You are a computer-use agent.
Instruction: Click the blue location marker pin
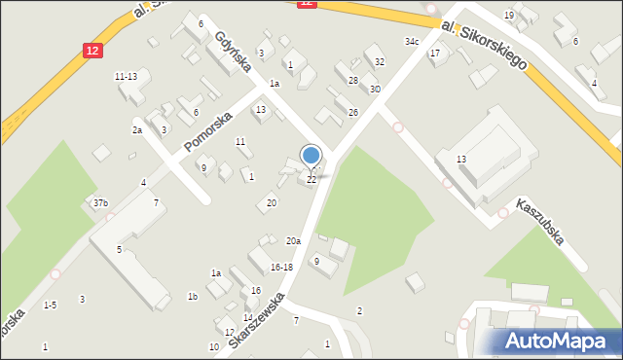click(x=311, y=156)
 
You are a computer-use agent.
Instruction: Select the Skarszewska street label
click(x=257, y=317)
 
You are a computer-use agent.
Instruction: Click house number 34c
click(x=412, y=42)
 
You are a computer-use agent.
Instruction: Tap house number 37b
click(x=100, y=203)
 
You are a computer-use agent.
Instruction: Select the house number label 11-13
click(x=126, y=77)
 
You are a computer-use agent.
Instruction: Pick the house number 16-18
click(x=281, y=267)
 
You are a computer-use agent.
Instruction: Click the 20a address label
click(x=293, y=240)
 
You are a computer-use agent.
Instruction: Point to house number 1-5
click(x=50, y=305)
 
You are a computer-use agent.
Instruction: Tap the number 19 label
click(x=508, y=16)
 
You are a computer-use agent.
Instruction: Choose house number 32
click(x=380, y=62)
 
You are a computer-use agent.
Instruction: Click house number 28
click(x=353, y=80)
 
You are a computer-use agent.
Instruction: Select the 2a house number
click(x=137, y=129)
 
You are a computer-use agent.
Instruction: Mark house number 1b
click(x=193, y=297)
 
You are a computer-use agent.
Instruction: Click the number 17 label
click(x=435, y=53)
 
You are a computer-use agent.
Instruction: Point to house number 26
click(x=353, y=113)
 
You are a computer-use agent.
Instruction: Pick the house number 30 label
click(x=375, y=90)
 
